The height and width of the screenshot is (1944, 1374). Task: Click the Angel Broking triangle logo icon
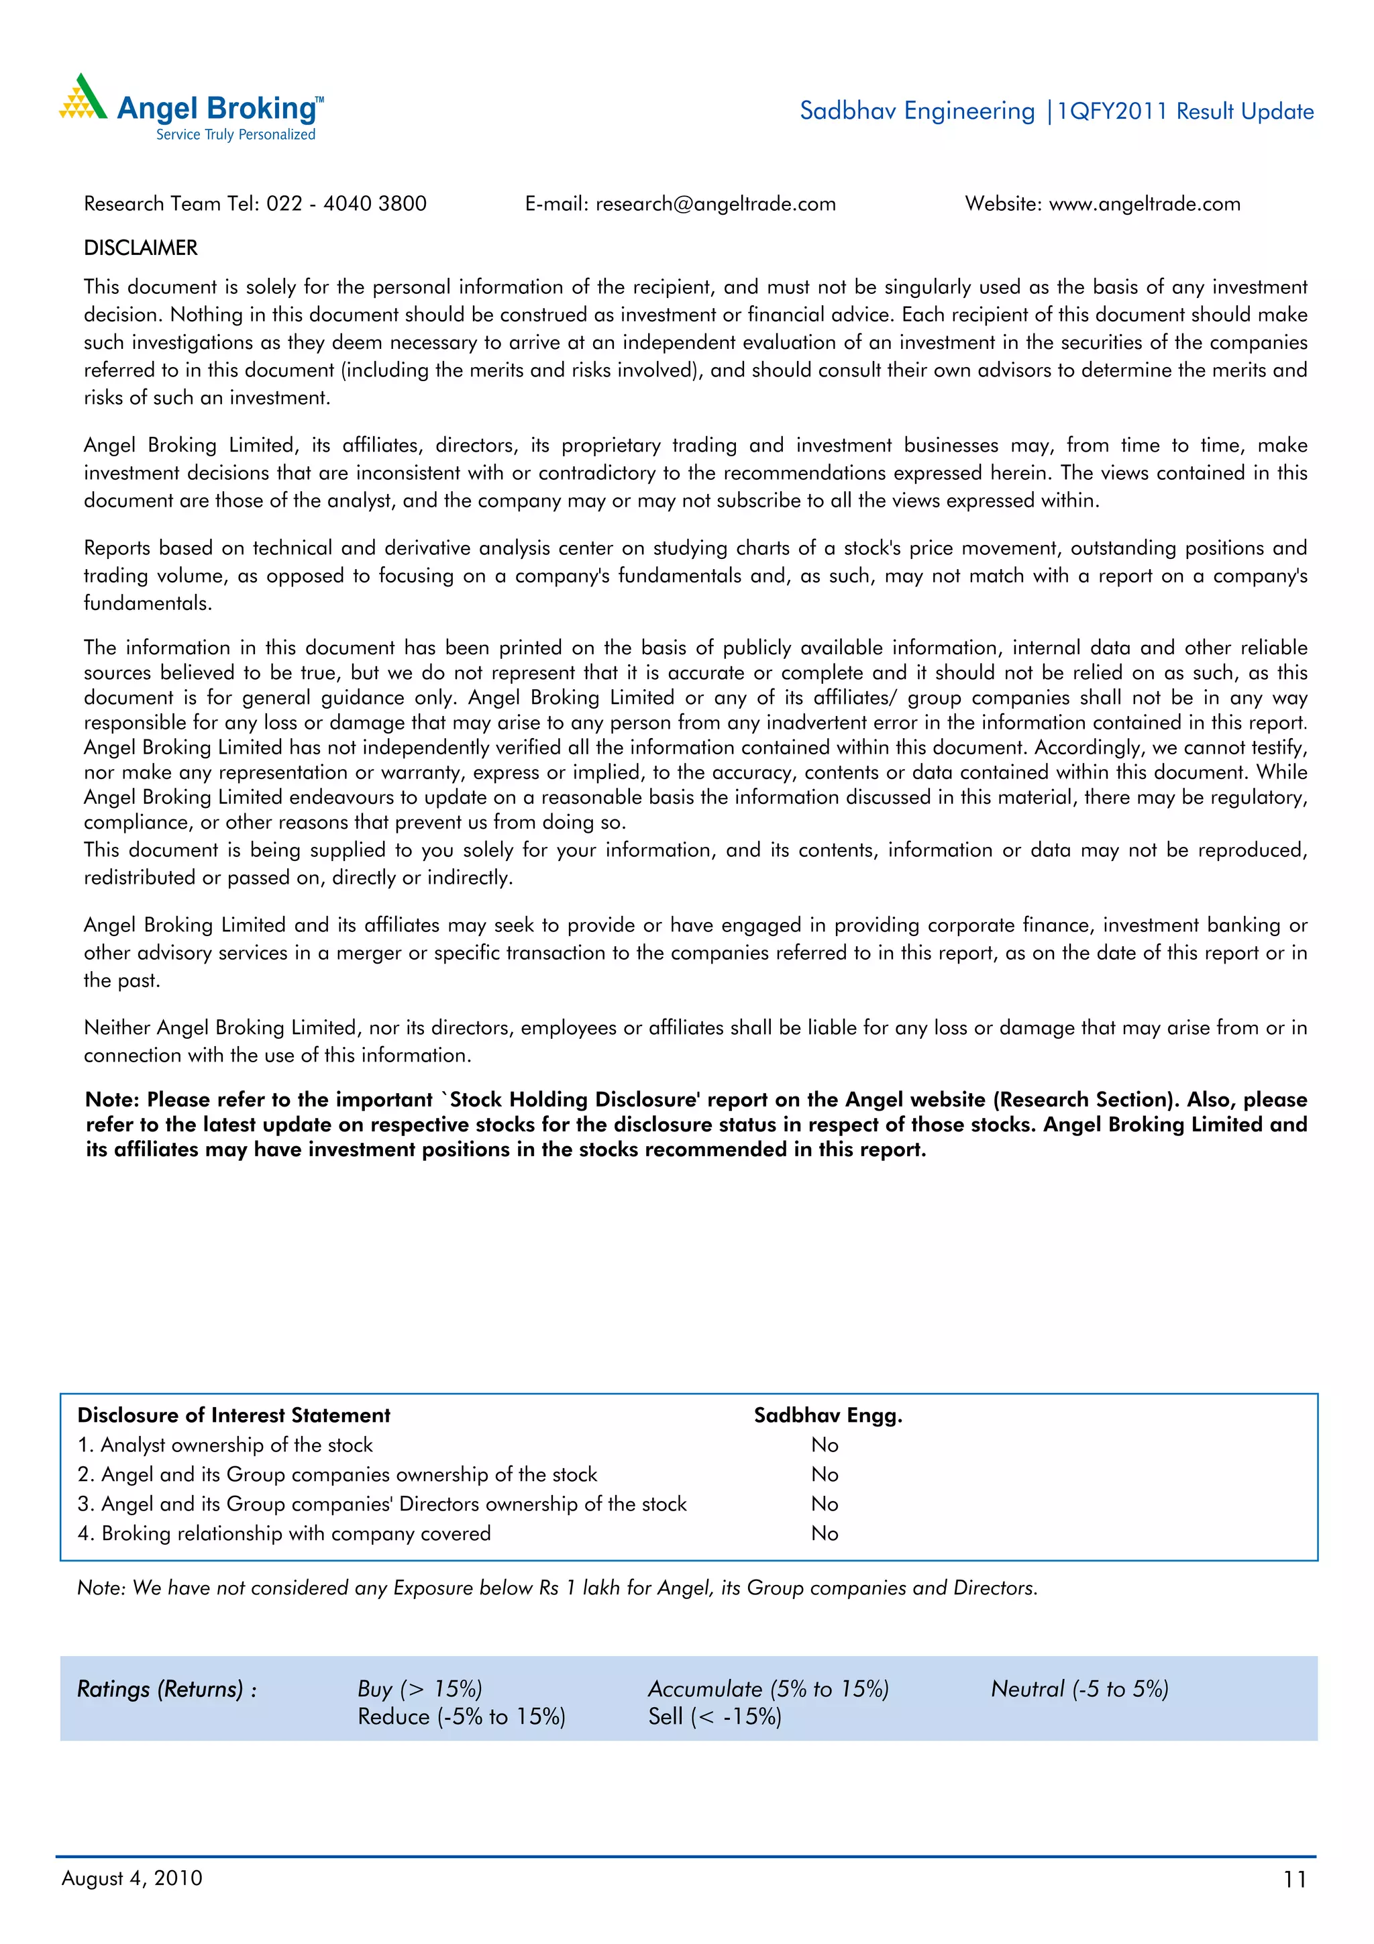(x=83, y=97)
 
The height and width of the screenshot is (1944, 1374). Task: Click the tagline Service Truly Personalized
(x=235, y=135)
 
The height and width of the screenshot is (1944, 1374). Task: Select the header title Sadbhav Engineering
(x=917, y=111)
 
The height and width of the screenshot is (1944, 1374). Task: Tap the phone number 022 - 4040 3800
(x=346, y=204)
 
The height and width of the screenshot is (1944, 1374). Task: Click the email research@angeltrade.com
(x=715, y=204)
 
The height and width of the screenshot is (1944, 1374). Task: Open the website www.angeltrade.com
(x=1145, y=204)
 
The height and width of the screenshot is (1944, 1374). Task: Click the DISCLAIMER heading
(x=140, y=248)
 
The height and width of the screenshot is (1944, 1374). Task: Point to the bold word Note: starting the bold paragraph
(x=113, y=1100)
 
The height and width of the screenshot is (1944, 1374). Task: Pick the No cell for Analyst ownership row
(x=825, y=1445)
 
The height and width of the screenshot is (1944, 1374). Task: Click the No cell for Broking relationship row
(x=825, y=1533)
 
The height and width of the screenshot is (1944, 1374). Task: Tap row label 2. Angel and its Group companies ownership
(x=337, y=1475)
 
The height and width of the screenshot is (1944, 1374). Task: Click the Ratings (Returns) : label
(x=167, y=1689)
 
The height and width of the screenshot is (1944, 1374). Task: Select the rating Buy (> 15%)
(x=420, y=1689)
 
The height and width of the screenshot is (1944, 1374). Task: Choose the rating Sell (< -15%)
(x=715, y=1717)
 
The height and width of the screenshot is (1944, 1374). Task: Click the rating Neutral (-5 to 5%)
(x=1079, y=1689)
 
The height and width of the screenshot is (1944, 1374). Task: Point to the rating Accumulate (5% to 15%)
(x=768, y=1689)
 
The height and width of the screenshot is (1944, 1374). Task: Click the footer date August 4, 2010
(x=132, y=1879)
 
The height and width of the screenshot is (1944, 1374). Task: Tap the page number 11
(x=1294, y=1880)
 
